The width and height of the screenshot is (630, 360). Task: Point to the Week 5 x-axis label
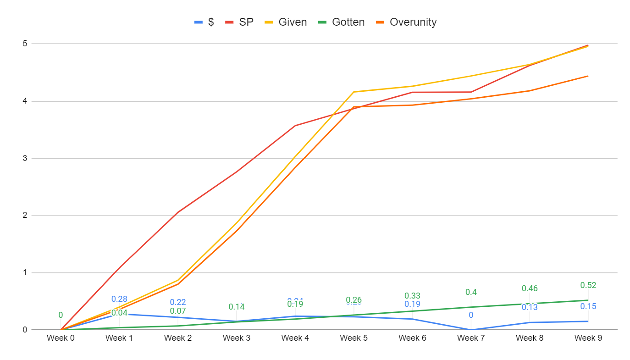point(354,338)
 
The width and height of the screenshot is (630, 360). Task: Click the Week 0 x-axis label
point(61,338)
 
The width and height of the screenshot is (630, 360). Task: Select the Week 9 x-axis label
point(588,338)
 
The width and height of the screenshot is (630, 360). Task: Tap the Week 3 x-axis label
point(237,338)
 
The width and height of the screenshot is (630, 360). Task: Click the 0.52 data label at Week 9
point(588,285)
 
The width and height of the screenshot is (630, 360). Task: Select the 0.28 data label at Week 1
point(119,299)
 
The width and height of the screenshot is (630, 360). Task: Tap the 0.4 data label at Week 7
point(471,292)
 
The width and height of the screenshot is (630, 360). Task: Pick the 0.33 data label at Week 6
point(412,296)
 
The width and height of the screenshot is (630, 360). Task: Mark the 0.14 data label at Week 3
point(237,307)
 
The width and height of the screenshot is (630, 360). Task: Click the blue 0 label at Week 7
point(471,315)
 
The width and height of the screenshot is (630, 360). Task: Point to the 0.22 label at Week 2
point(178,302)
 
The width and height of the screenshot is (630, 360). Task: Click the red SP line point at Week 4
point(295,126)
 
